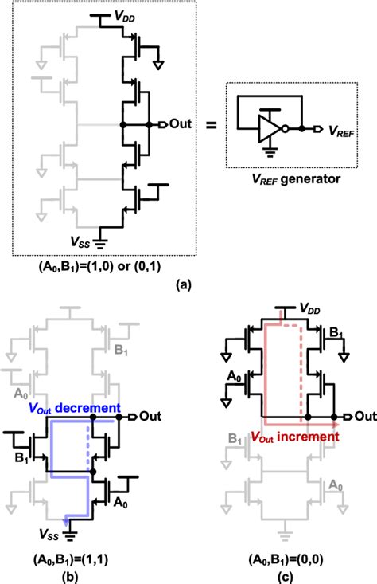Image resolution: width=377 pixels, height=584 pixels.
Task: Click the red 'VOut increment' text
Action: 274,437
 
